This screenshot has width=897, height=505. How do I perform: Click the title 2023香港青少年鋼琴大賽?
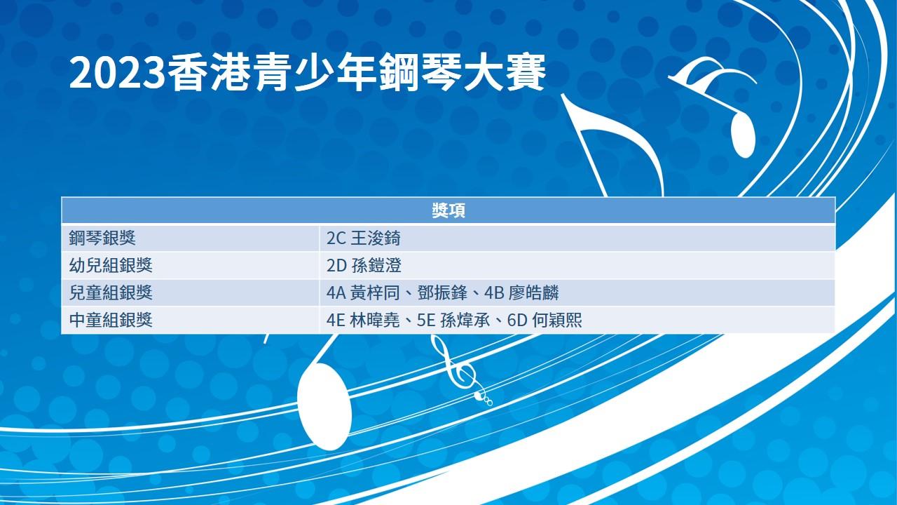308,74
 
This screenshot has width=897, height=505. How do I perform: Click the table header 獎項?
448,210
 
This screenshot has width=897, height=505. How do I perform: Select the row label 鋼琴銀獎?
102,238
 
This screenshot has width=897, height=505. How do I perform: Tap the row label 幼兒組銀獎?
111,265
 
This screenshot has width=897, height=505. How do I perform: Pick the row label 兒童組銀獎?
111,292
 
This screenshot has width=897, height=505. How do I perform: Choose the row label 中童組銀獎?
111,320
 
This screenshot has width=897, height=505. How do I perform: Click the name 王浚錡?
376,238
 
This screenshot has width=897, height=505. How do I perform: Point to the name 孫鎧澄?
376,265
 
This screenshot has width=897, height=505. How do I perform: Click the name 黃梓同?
375,292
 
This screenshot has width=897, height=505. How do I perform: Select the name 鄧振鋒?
442,292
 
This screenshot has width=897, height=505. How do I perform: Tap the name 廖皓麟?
534,292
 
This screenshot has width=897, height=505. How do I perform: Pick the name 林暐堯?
374,320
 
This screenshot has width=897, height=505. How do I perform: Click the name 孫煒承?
465,320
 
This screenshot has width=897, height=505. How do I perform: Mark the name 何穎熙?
557,320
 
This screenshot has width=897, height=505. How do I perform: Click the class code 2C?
336,238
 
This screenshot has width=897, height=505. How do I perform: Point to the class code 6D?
517,321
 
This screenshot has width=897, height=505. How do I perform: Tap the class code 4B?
494,293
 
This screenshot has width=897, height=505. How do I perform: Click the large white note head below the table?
324,406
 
